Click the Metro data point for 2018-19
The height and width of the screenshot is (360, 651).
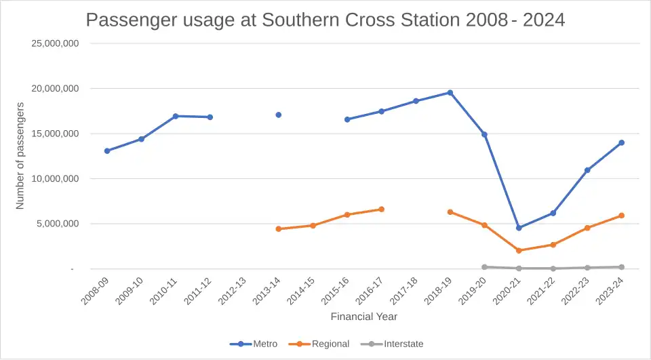click(x=450, y=93)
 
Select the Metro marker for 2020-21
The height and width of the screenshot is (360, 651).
click(x=519, y=228)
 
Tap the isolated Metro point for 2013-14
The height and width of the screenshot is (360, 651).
click(x=278, y=115)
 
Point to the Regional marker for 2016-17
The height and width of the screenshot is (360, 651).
click(x=381, y=209)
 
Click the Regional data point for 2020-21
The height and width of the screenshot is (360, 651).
click(x=519, y=251)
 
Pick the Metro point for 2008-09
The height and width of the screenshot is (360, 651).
click(x=107, y=151)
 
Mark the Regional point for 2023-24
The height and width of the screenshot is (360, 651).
click(x=621, y=216)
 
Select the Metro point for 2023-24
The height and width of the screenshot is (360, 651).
click(x=621, y=143)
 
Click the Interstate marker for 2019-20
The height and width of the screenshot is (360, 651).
click(x=484, y=267)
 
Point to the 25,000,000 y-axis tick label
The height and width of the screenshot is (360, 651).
click(x=56, y=43)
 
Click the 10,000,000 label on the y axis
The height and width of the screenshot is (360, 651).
click(x=56, y=179)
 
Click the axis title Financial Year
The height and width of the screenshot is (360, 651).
click(x=364, y=317)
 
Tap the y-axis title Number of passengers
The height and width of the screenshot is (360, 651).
click(x=20, y=156)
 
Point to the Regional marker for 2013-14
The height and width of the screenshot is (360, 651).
click(x=278, y=229)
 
